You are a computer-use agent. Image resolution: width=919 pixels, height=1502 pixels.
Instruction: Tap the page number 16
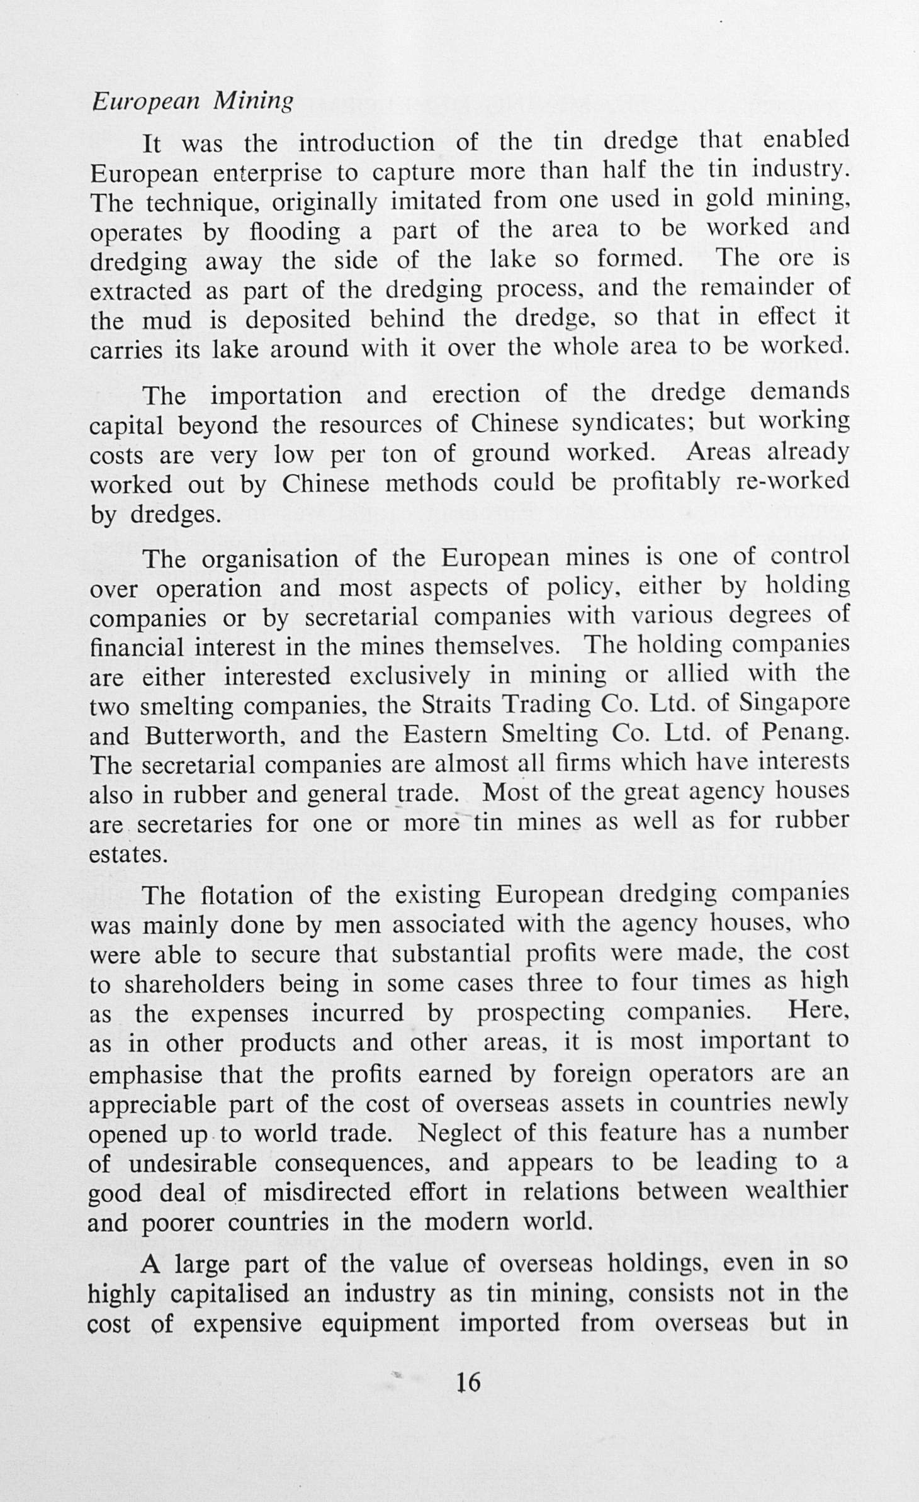pyautogui.click(x=468, y=1382)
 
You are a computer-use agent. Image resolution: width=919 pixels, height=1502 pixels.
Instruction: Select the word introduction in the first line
pyautogui.click(x=366, y=143)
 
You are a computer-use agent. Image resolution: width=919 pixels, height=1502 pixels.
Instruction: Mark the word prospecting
pyautogui.click(x=540, y=1014)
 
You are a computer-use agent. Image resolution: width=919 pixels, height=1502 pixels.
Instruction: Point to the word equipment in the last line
pyautogui.click(x=380, y=1322)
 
